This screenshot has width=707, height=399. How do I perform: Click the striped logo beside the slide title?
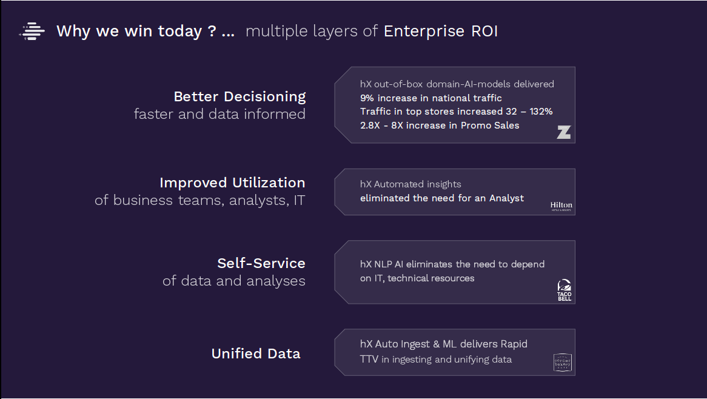[x=32, y=31]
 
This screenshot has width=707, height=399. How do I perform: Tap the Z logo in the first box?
[x=564, y=132]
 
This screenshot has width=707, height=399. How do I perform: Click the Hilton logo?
[x=561, y=207]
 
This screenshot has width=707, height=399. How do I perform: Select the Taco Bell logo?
[x=564, y=290]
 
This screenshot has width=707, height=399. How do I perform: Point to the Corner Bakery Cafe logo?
[x=562, y=363]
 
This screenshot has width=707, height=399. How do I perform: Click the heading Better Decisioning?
[x=240, y=96]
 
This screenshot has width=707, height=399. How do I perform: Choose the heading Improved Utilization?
[x=232, y=183]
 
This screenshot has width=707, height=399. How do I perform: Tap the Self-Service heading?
[x=261, y=263]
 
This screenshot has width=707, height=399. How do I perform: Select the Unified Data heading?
[x=256, y=354]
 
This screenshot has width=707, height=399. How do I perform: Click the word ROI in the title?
[x=484, y=31]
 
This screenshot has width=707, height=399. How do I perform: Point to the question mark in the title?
[x=212, y=31]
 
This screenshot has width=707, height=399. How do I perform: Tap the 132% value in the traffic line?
[x=541, y=112]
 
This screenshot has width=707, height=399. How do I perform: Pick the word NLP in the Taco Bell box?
[x=383, y=264]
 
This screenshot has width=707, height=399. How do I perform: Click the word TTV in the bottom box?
[x=369, y=360]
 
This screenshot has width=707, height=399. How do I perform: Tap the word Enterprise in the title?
[x=424, y=32]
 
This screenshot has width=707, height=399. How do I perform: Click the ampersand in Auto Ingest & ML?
[x=436, y=344]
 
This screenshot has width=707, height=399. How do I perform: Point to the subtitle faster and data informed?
[x=219, y=114]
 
